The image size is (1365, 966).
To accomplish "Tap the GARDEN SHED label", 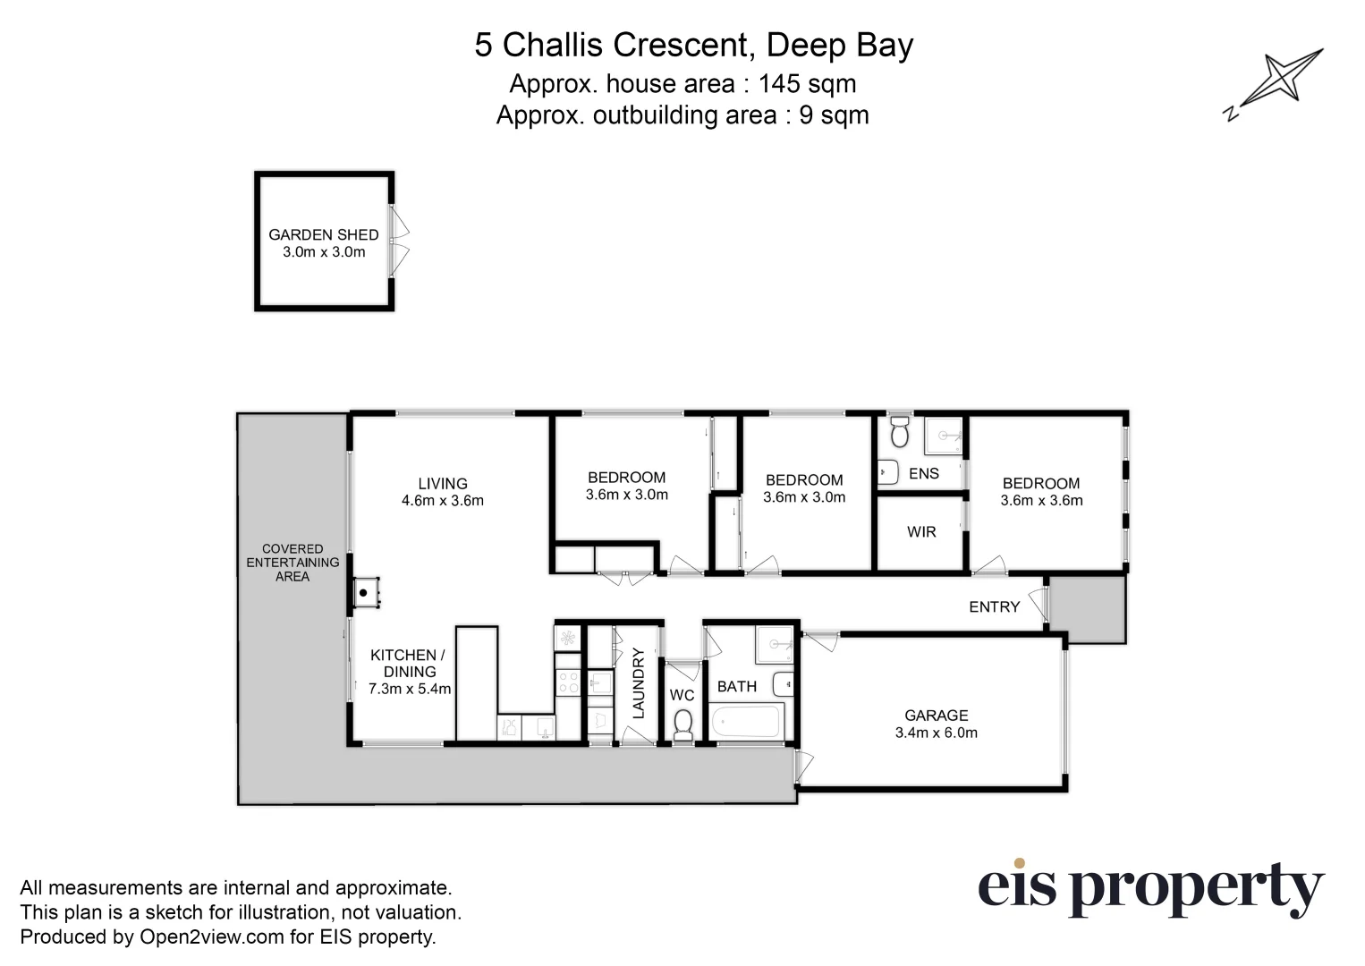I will pyautogui.click(x=323, y=234).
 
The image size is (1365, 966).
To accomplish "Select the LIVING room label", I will pyautogui.click(x=442, y=484).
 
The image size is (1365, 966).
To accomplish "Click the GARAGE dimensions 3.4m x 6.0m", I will pyautogui.click(x=936, y=733).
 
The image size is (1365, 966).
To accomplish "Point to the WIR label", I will pyautogui.click(x=920, y=532).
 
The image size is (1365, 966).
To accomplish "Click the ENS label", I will pyautogui.click(x=923, y=473).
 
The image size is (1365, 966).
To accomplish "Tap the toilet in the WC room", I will pyautogui.click(x=682, y=724).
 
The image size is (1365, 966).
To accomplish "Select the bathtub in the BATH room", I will pyautogui.click(x=746, y=721).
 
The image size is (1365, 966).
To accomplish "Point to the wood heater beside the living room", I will pyautogui.click(x=365, y=593).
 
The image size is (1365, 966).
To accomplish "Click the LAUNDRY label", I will pyautogui.click(x=639, y=683).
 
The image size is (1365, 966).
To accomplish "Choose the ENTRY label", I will pyautogui.click(x=994, y=607).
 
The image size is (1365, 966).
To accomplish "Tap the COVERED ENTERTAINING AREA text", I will pyautogui.click(x=292, y=563).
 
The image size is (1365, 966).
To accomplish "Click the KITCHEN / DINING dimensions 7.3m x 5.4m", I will pyautogui.click(x=410, y=689).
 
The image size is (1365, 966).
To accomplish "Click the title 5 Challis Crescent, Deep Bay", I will pyautogui.click(x=693, y=46).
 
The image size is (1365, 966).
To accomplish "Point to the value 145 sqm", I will pyautogui.click(x=807, y=84).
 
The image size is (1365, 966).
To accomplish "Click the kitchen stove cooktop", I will pyautogui.click(x=567, y=682).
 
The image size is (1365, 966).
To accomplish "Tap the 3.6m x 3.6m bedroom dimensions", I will pyautogui.click(x=1041, y=501).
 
